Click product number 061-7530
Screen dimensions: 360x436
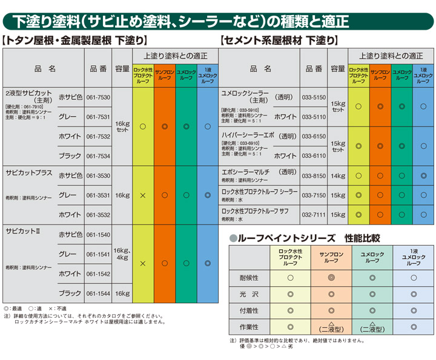coord(98,97)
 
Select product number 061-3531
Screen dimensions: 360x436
coord(98,195)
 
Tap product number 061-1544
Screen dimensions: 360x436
coord(98,293)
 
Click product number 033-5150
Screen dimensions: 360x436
coord(314,97)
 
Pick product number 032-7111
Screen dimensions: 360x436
coord(314,214)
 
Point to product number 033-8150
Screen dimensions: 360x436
coord(314,175)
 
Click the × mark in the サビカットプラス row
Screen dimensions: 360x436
coord(142,195)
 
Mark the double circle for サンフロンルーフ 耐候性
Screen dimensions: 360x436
coord(331,278)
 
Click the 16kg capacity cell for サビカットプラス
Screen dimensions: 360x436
coord(122,195)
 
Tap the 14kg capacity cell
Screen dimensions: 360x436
coord(338,175)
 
